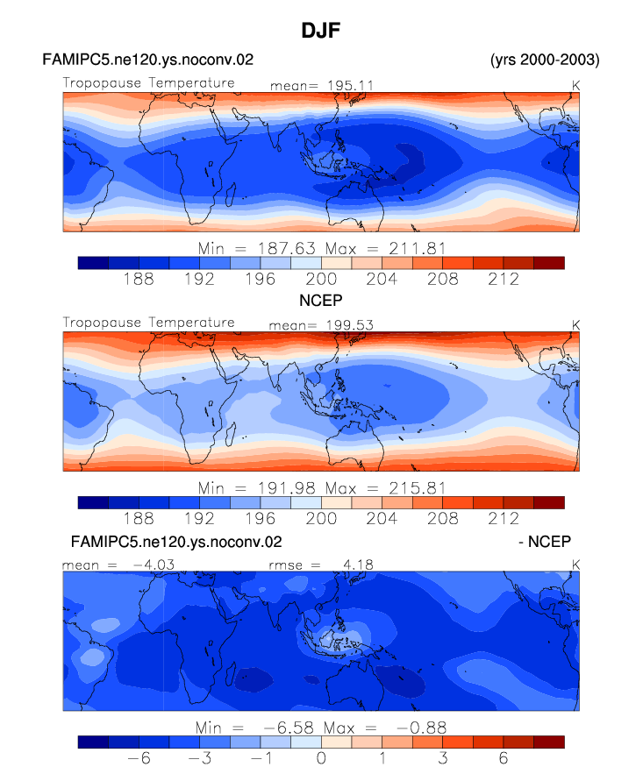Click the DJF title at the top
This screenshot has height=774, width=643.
tap(321, 31)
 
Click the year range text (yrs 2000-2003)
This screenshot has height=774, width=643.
tap(545, 60)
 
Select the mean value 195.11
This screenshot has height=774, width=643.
tap(350, 85)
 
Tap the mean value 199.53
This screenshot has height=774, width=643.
tap(349, 325)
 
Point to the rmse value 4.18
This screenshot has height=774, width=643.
tap(358, 565)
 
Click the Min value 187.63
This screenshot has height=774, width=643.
tap(287, 248)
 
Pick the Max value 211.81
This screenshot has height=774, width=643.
tap(417, 248)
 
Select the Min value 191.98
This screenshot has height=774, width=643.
tap(287, 488)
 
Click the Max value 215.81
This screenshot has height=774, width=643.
tap(417, 488)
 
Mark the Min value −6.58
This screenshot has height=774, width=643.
tap(289, 728)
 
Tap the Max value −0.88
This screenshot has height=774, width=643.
tap(421, 728)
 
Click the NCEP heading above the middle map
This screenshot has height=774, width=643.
tap(321, 300)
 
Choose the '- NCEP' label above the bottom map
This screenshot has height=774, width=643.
tap(545, 542)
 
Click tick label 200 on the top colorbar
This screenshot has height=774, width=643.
tap(321, 280)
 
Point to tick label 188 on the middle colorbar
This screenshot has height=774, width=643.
tap(139, 519)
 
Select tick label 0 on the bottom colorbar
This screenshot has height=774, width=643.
tap(321, 758)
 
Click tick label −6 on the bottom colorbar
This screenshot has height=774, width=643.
tap(139, 758)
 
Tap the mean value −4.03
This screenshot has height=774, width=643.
tap(154, 565)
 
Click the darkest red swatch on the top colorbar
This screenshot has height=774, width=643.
tap(548, 263)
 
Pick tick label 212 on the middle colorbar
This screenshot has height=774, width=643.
tap(504, 519)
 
